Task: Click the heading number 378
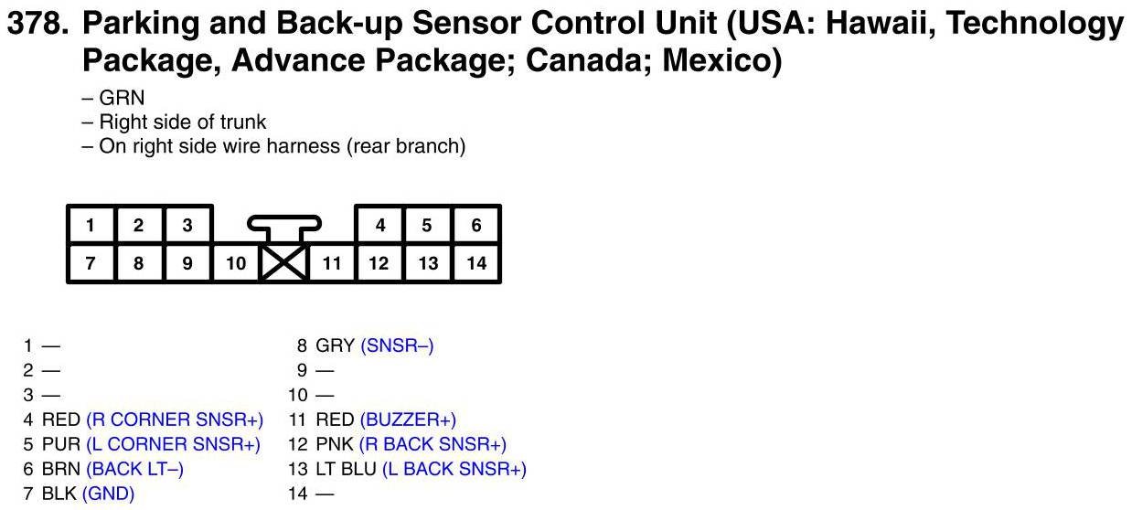click(x=37, y=24)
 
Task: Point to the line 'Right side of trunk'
click(x=183, y=122)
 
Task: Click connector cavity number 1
click(x=91, y=226)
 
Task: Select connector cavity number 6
click(x=475, y=226)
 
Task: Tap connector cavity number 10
click(x=236, y=264)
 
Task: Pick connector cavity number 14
click(x=475, y=264)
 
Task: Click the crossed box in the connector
click(x=283, y=264)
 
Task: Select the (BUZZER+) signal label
click(x=408, y=420)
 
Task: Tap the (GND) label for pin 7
click(x=108, y=494)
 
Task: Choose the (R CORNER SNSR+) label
click(x=175, y=420)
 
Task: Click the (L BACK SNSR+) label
click(x=454, y=469)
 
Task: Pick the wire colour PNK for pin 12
click(x=333, y=444)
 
